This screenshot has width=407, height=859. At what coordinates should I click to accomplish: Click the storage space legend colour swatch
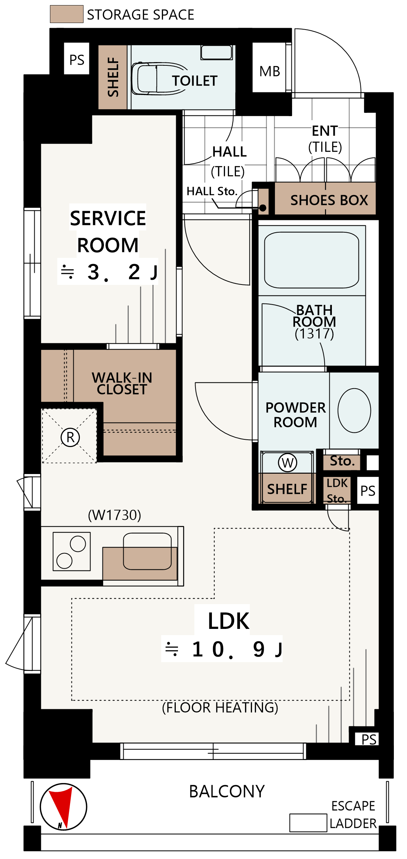pos(66,14)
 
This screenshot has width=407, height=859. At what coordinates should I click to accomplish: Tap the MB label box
pos(270,68)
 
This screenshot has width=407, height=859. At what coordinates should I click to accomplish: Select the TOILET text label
pos(195,81)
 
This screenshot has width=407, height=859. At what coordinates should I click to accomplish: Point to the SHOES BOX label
pos(329,200)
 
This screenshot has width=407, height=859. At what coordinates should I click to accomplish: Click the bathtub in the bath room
pos(311,260)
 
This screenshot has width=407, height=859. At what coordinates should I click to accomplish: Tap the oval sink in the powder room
pos(354,410)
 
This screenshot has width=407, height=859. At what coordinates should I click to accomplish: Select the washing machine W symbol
pos(288,462)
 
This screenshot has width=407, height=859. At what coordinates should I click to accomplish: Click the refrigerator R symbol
pos(70,437)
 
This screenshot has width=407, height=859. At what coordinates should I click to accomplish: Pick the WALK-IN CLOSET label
pos(122,383)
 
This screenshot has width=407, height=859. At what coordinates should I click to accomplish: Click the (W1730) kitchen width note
pos(115,515)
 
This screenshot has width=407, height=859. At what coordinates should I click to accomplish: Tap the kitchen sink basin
pos(147,551)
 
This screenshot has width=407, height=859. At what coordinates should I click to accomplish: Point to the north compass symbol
pos(63,807)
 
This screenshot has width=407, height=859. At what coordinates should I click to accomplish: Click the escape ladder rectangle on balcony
pos(308,823)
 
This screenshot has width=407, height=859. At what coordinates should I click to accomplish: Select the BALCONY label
pos(227,791)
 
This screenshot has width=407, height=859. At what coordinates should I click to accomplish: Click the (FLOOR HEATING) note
pos(220,707)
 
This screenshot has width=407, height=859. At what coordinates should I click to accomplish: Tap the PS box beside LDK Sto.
pos(368,490)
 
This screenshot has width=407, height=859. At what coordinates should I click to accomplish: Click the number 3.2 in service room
pos(114,272)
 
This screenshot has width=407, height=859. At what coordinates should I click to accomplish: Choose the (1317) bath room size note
pos(314,333)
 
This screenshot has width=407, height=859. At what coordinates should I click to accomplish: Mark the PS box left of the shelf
pos(77,59)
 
